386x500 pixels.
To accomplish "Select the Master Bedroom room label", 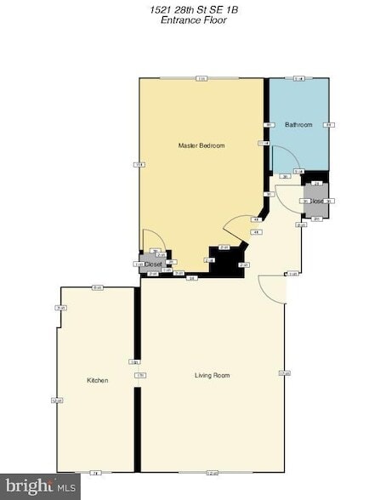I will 202,146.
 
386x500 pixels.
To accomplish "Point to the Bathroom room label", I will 298,125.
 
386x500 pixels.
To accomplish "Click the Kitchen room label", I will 98,380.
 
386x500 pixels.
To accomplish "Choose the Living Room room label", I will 212,375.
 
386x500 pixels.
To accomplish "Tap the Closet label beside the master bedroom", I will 153,264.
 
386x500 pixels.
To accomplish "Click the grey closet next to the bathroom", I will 316,201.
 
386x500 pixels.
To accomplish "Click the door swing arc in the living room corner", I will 272,289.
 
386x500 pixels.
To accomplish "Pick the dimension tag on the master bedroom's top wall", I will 202,78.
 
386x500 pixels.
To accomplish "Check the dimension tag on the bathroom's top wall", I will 298,78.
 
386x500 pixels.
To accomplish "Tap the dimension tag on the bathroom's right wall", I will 329,125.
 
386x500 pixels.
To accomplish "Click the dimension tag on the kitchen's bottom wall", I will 95,472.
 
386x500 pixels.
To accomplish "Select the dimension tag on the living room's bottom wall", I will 212,472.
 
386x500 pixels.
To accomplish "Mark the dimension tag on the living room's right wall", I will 285,374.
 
